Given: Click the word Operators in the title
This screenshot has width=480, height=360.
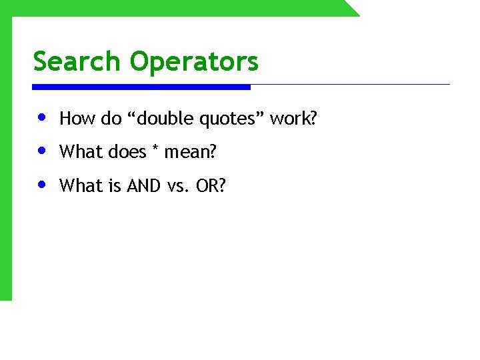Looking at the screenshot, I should [194, 62].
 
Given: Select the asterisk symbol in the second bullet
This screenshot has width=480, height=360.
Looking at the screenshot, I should [155, 149].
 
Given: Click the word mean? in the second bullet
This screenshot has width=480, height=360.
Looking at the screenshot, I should [191, 153].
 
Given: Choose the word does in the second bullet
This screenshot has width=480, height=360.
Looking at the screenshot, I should [126, 153].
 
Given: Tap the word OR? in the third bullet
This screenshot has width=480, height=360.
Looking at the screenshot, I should [211, 186].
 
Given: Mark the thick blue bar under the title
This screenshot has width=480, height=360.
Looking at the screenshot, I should [141, 87].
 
